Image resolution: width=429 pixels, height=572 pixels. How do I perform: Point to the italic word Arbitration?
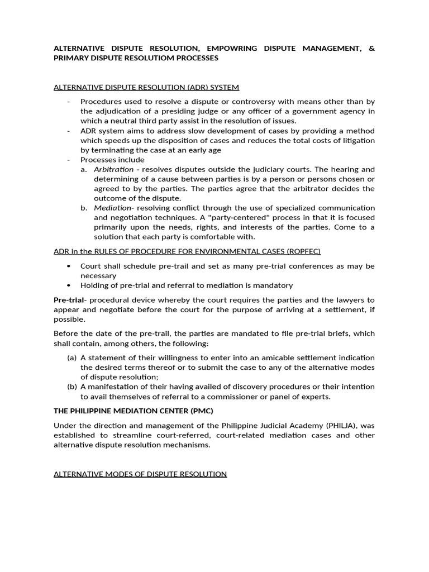coord(114,169)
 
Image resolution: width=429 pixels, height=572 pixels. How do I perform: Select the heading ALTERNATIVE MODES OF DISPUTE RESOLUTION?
coord(140,474)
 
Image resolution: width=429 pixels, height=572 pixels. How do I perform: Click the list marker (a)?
coord(71,357)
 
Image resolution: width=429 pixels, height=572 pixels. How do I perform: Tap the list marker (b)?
coord(71,387)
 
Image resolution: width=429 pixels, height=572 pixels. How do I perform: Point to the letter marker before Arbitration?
coord(84,169)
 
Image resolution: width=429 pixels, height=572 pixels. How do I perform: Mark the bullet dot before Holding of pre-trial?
coord(68,285)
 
